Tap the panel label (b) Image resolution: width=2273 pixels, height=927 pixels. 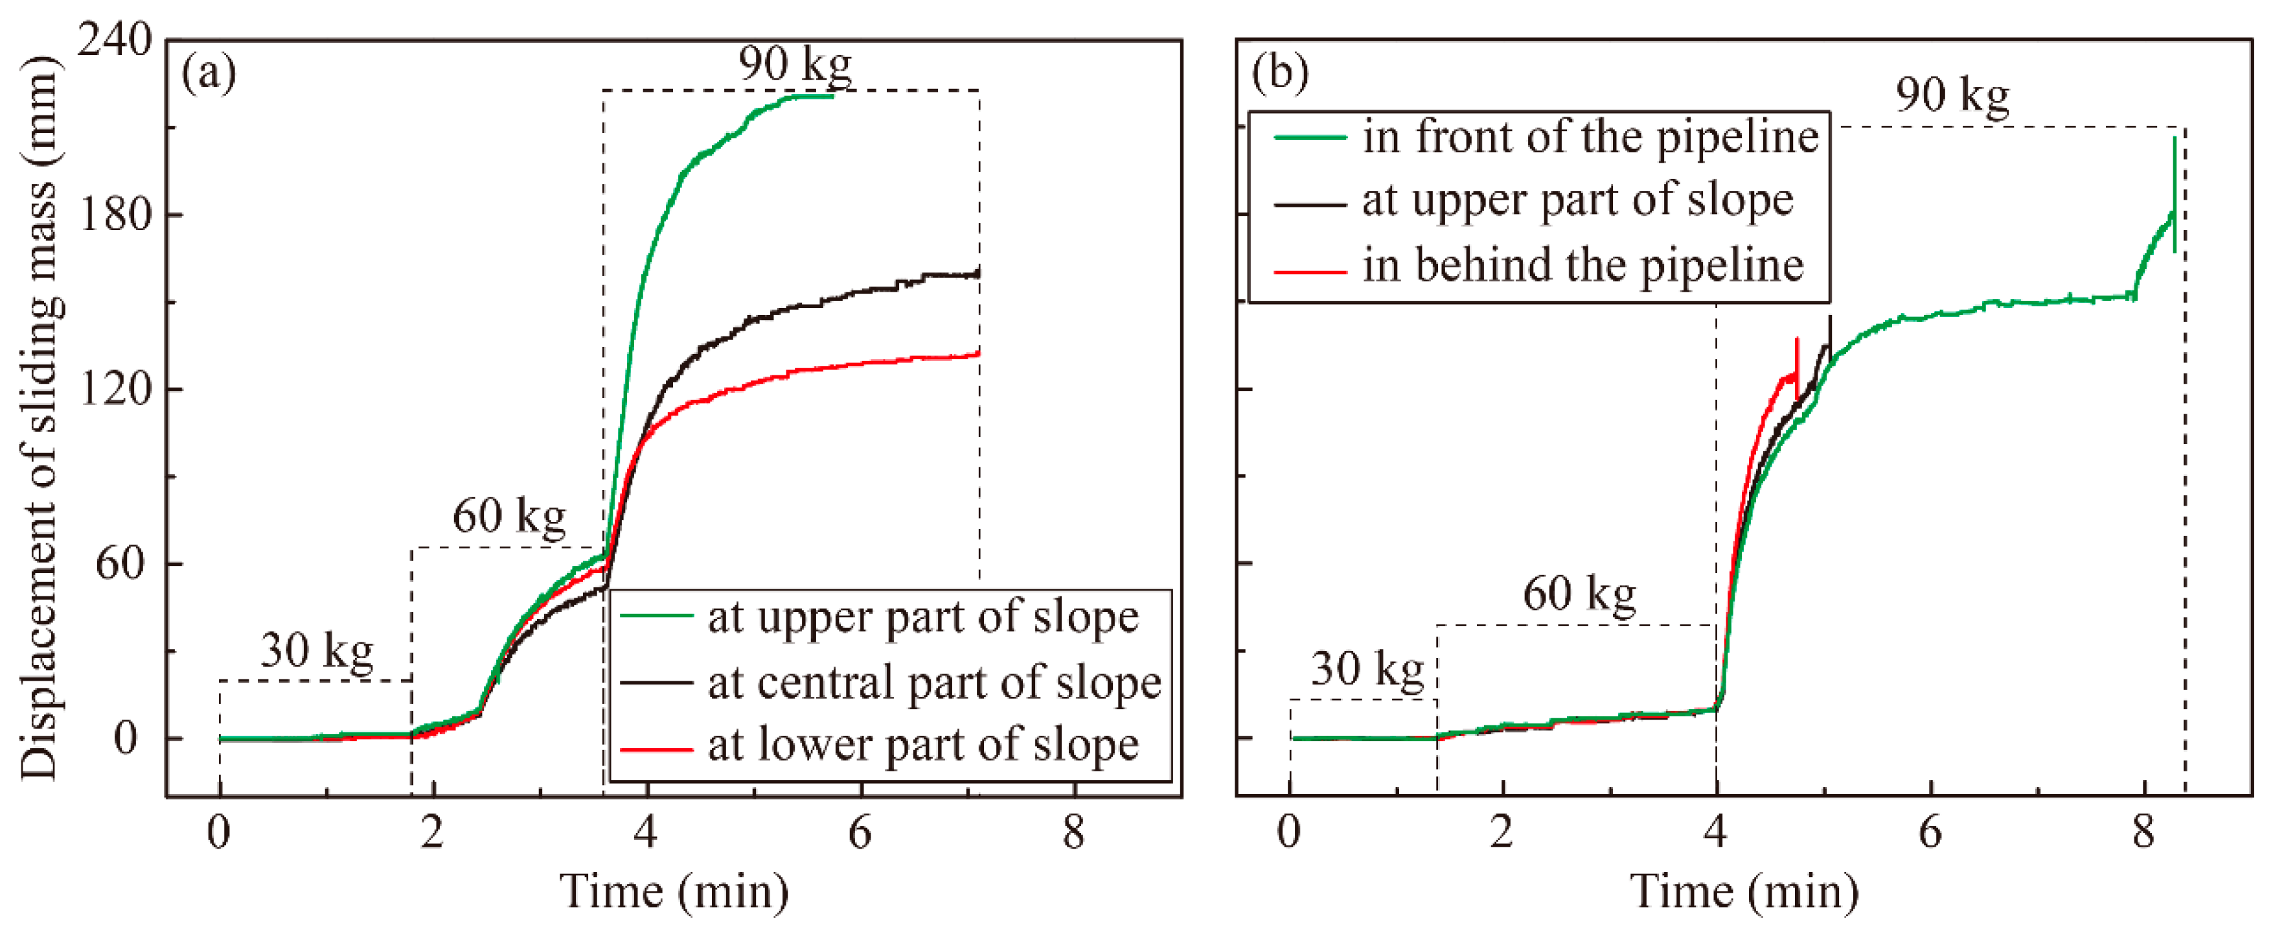[1279, 73]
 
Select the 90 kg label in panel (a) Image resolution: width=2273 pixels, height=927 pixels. [795, 64]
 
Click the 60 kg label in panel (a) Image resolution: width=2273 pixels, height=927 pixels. [509, 517]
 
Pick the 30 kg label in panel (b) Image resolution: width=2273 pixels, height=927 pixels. [1367, 669]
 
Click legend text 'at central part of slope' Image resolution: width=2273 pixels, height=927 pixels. [933, 683]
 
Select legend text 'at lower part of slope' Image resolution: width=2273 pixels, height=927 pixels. [922, 744]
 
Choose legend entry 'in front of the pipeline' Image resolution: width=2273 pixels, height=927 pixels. [1589, 137]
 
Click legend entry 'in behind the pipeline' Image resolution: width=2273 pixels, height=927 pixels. [1582, 265]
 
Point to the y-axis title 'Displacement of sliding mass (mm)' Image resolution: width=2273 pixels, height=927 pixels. [40, 417]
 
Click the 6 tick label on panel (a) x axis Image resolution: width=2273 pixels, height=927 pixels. [860, 832]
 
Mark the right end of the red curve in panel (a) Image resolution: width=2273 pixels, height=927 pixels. [977, 354]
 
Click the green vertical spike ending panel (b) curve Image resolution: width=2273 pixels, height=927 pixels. [2174, 194]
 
